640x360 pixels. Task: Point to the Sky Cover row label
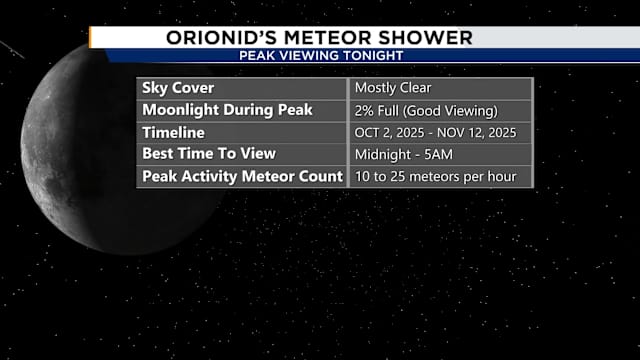coord(178,87)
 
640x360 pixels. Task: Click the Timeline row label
coord(174,132)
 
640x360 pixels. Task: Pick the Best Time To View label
coord(209,154)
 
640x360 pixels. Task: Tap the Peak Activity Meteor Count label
coord(243,177)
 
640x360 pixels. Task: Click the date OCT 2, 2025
coord(389,132)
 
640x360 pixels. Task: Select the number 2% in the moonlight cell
coord(365,109)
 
